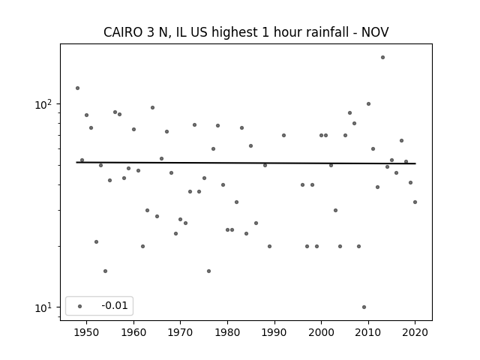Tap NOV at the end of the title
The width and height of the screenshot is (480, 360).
click(374, 32)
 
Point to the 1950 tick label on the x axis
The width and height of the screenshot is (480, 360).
click(87, 332)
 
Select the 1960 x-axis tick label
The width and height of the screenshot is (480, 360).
click(133, 332)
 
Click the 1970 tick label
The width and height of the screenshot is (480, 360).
click(181, 332)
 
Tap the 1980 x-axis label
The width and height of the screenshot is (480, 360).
click(227, 332)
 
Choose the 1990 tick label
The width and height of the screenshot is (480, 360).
click(274, 332)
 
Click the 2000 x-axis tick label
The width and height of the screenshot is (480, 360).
click(321, 332)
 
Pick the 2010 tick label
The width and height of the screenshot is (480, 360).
click(368, 332)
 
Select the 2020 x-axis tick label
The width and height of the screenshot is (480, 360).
click(415, 332)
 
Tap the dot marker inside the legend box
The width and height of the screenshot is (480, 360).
click(79, 305)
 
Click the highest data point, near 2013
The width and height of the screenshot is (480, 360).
click(382, 57)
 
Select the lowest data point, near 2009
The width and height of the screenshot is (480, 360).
click(364, 307)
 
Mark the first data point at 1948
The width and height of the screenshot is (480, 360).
click(77, 88)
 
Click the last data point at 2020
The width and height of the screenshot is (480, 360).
click(415, 202)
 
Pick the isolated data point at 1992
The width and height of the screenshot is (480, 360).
click(283, 135)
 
